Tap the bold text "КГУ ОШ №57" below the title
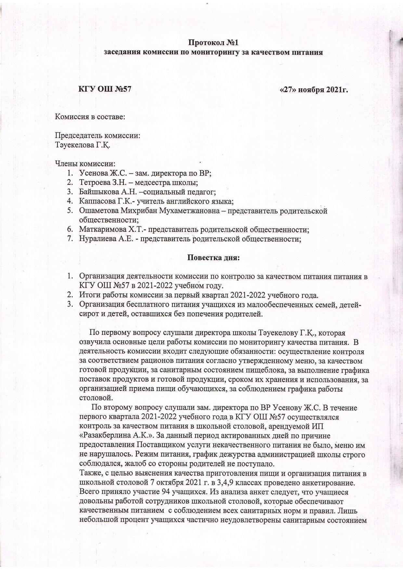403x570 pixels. coord(105,89)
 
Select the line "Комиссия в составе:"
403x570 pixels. coord(90,117)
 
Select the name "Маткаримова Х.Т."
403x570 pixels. coord(108,229)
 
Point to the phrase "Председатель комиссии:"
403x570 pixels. coord(97,135)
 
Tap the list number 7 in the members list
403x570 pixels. coord(70,239)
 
